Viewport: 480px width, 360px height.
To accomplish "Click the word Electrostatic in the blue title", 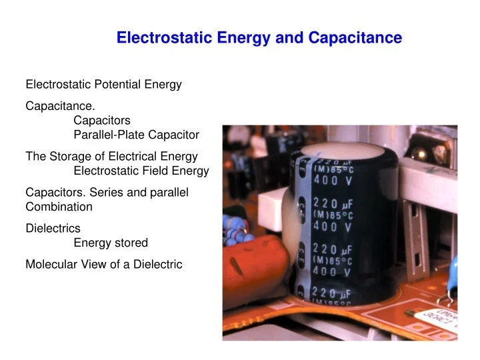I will (158, 38).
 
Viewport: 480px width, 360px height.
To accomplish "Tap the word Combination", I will (59, 207).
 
